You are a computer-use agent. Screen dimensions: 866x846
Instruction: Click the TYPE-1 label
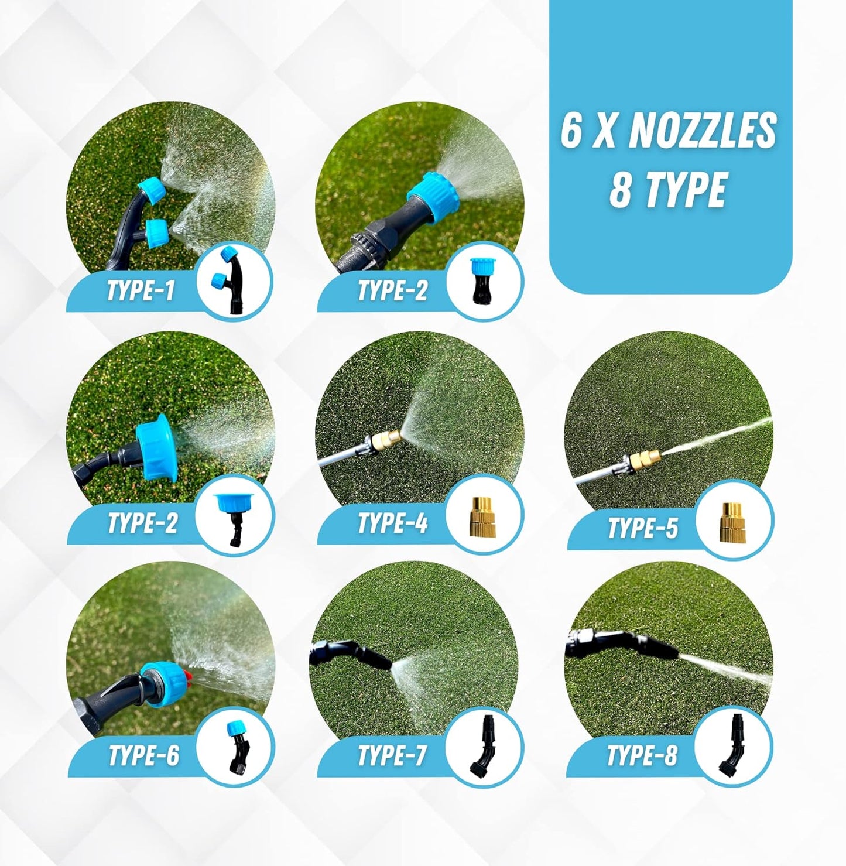point(141,290)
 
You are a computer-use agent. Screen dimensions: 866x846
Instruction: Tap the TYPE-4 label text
point(393,523)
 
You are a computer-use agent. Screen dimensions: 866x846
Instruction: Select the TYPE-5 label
point(642,528)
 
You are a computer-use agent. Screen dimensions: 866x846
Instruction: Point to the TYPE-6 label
point(143,755)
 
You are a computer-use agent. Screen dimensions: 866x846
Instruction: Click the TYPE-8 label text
point(642,755)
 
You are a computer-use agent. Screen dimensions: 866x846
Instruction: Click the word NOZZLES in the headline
point(703,131)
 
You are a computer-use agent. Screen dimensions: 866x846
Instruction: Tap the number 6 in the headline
point(571,131)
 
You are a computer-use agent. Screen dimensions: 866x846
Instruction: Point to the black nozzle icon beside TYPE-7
point(484,747)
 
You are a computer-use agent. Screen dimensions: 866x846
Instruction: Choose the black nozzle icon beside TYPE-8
point(732,747)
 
